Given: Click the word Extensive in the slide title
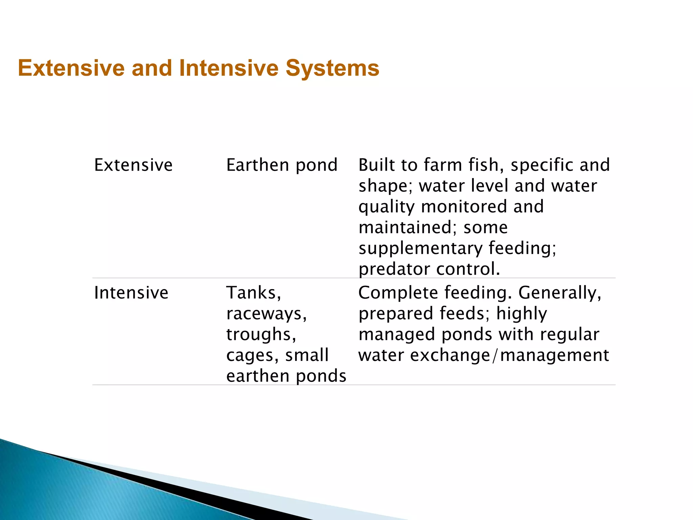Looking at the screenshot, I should (71, 68).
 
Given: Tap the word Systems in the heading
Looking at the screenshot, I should (332, 68).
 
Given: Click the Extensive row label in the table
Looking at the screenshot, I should (133, 165).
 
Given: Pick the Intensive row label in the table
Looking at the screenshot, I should (131, 293).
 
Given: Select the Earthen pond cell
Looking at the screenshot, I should (282, 165).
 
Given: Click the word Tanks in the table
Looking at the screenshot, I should (253, 293).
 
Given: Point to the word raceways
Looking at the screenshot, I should (266, 314).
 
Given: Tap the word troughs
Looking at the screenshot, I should (261, 335).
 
